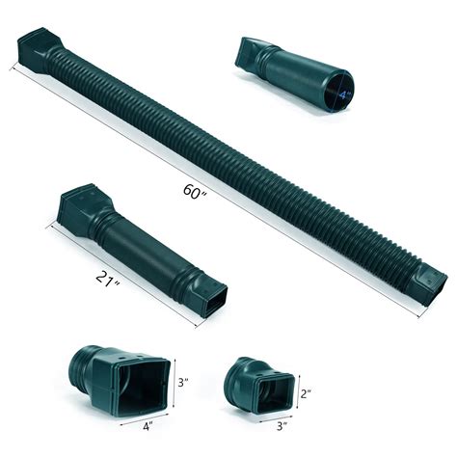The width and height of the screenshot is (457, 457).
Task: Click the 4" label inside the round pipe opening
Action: pos(341,93)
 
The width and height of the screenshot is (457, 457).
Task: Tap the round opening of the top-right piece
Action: pos(339,93)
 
